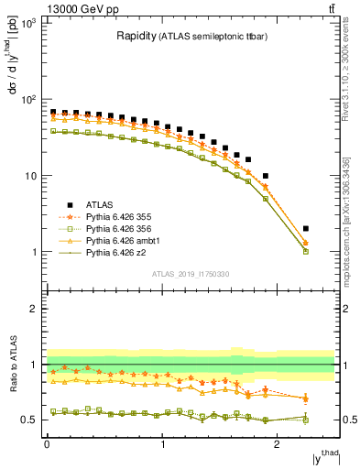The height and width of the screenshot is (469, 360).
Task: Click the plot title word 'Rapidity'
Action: coord(136,38)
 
